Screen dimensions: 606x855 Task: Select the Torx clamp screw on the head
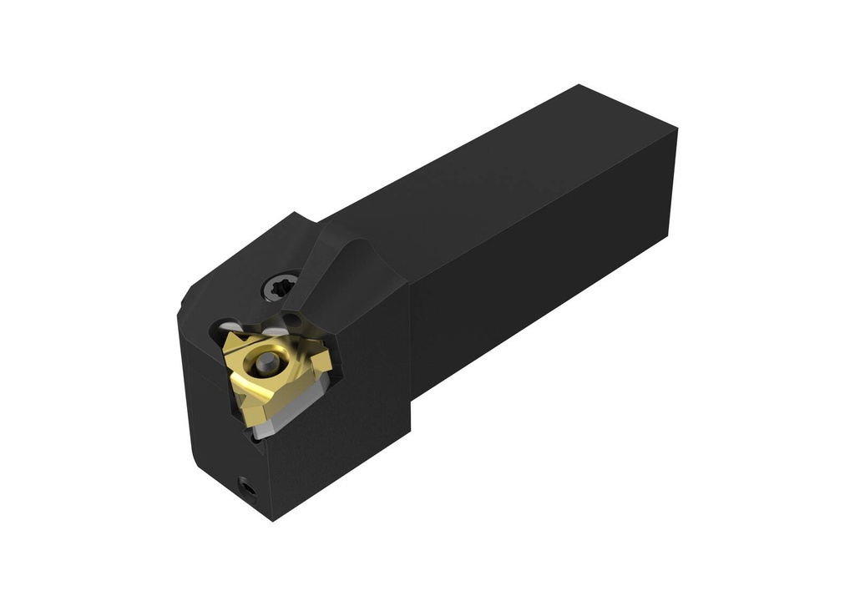[x=281, y=288]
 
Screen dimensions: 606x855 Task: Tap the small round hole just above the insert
[x=292, y=321]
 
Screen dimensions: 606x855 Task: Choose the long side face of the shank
[x=534, y=267]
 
